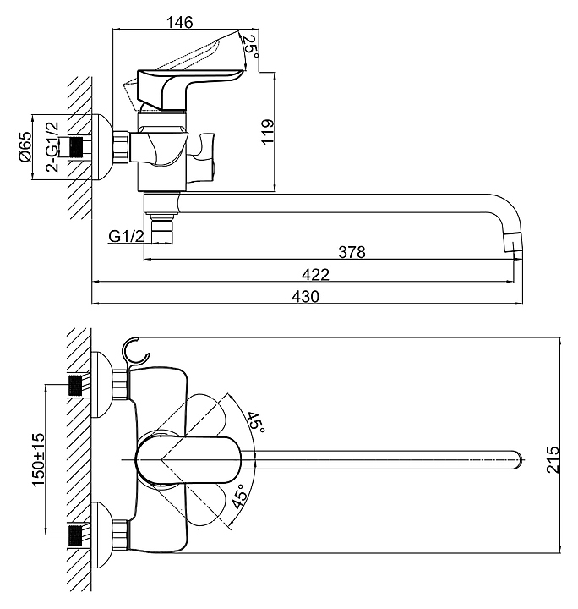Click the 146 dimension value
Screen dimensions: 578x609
click(x=180, y=22)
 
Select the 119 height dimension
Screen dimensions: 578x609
click(x=267, y=132)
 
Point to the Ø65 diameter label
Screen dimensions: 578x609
click(x=25, y=147)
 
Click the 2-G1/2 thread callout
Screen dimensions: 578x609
click(x=52, y=147)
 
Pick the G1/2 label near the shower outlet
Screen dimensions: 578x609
click(x=126, y=236)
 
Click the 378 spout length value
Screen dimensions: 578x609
click(x=352, y=252)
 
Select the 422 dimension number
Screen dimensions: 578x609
click(x=315, y=275)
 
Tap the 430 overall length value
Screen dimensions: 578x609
click(x=305, y=296)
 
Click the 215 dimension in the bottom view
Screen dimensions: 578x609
click(x=553, y=459)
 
